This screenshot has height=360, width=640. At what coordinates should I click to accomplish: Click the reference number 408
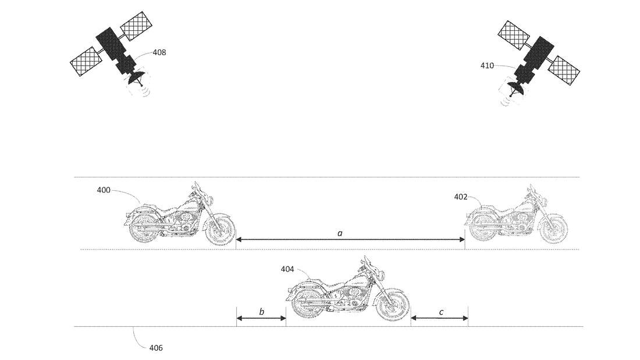point(159,52)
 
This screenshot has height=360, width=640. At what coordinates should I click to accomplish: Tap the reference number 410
point(487,65)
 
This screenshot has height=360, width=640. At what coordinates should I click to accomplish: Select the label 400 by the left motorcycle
point(104,190)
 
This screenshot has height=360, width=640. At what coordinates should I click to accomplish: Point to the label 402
point(461,197)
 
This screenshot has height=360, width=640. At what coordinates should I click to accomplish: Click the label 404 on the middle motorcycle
point(287,269)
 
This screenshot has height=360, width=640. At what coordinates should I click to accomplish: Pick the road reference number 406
point(156,348)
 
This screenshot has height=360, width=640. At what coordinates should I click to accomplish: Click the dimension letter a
point(340,233)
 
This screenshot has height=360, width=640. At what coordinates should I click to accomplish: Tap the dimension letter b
point(262,312)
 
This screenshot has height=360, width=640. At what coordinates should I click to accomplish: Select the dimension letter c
point(441,312)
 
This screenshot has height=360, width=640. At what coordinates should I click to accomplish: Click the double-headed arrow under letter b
point(261,318)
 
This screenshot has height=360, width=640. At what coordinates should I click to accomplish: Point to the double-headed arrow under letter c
point(440,318)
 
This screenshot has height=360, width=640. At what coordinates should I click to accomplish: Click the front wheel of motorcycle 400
point(220,229)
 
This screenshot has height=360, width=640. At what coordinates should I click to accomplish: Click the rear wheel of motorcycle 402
point(482,228)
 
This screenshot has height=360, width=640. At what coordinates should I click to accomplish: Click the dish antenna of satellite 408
point(136,77)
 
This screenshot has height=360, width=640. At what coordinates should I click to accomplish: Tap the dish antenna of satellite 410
point(515,87)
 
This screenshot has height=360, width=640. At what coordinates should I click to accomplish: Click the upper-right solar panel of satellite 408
point(137,26)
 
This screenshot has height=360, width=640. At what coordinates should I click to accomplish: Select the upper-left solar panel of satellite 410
point(514,34)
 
